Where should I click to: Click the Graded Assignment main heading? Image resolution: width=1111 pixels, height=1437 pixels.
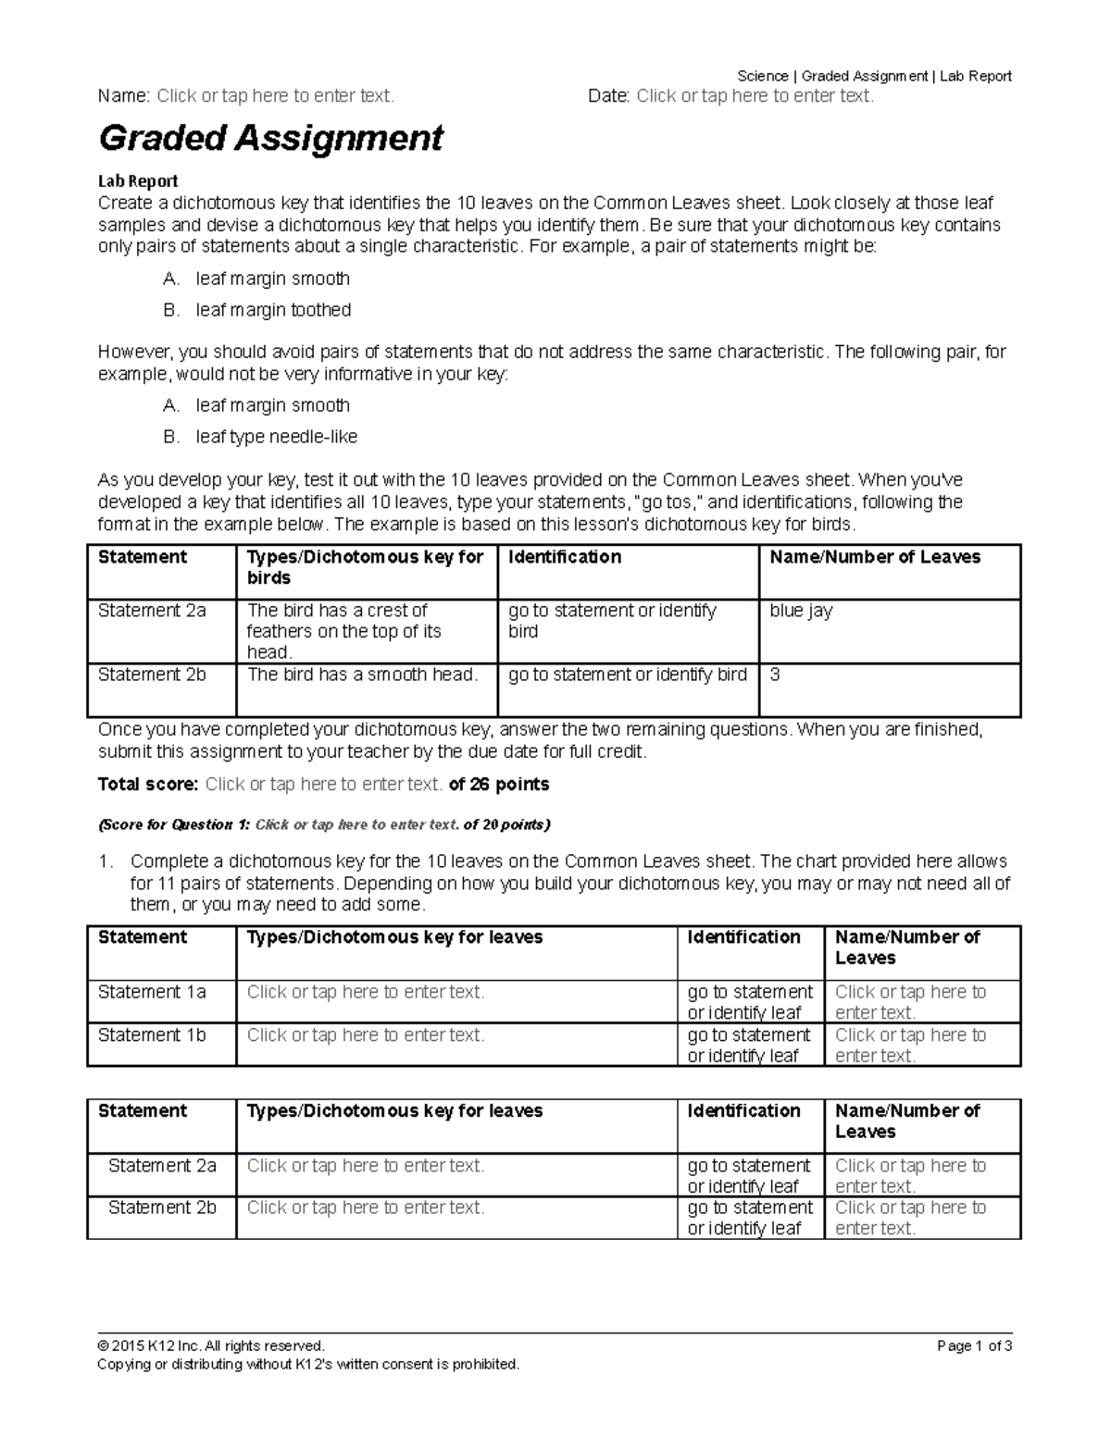(x=270, y=139)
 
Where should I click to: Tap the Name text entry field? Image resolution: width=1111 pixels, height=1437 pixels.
(x=275, y=96)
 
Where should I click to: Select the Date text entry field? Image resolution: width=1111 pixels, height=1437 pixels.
(x=755, y=96)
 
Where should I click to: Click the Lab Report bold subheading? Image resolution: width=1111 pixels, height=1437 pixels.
(x=138, y=181)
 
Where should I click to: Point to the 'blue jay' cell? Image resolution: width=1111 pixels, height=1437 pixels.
(x=801, y=611)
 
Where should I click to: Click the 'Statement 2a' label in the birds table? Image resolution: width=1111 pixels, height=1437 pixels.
(x=152, y=611)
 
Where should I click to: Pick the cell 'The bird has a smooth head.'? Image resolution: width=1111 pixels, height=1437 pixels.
(x=362, y=675)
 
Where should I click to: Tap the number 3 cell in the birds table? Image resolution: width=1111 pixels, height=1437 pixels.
(x=775, y=675)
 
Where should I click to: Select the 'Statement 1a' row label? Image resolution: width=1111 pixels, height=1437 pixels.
(x=152, y=992)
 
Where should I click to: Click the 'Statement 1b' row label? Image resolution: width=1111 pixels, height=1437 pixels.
(x=152, y=1035)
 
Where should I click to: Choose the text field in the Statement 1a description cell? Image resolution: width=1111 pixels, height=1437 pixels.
(x=366, y=992)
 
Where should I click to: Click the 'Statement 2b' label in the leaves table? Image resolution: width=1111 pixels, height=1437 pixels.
(x=162, y=1208)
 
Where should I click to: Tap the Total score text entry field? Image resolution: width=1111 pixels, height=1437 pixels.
(x=323, y=785)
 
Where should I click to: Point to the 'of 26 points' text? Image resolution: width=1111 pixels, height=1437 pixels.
(x=499, y=785)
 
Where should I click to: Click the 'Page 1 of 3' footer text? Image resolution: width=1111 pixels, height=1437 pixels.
(x=974, y=1346)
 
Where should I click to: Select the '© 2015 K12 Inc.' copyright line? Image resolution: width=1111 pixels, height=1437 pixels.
(x=211, y=1346)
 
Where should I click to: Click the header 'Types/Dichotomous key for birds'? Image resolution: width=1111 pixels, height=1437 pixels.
(x=365, y=567)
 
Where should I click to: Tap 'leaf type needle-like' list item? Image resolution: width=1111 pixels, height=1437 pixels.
(x=276, y=437)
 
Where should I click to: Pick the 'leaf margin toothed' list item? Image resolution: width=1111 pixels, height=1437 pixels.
(x=273, y=310)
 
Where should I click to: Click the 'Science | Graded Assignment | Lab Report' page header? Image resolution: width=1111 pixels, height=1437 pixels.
(x=874, y=76)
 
